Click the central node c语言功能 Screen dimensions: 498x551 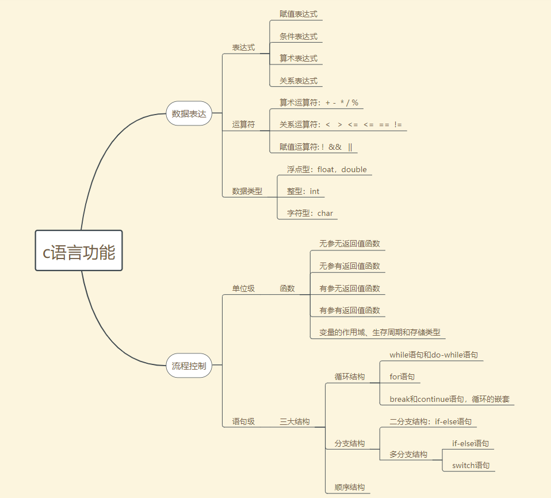(x=79, y=251)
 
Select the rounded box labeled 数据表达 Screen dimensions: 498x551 (x=189, y=114)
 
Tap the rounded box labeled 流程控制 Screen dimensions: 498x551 (x=189, y=366)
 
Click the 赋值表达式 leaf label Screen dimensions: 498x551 (x=299, y=14)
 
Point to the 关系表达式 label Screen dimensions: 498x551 (x=299, y=81)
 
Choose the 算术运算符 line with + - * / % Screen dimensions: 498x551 (x=319, y=102)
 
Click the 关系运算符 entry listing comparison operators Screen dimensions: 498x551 (x=340, y=124)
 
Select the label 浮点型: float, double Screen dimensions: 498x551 (x=327, y=169)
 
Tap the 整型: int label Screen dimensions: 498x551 (x=303, y=191)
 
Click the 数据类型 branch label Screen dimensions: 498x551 (x=247, y=191)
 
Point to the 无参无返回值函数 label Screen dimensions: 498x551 (x=350, y=244)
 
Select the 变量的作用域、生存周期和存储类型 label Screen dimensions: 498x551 (x=380, y=332)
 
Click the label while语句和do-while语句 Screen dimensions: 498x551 (x=434, y=355)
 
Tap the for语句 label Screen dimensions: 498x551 (x=402, y=377)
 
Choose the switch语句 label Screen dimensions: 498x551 (x=470, y=465)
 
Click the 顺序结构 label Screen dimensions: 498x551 (x=350, y=487)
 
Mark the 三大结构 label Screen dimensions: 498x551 (x=294, y=421)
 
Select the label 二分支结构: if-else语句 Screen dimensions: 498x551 (x=430, y=421)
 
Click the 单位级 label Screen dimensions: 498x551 (x=243, y=288)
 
